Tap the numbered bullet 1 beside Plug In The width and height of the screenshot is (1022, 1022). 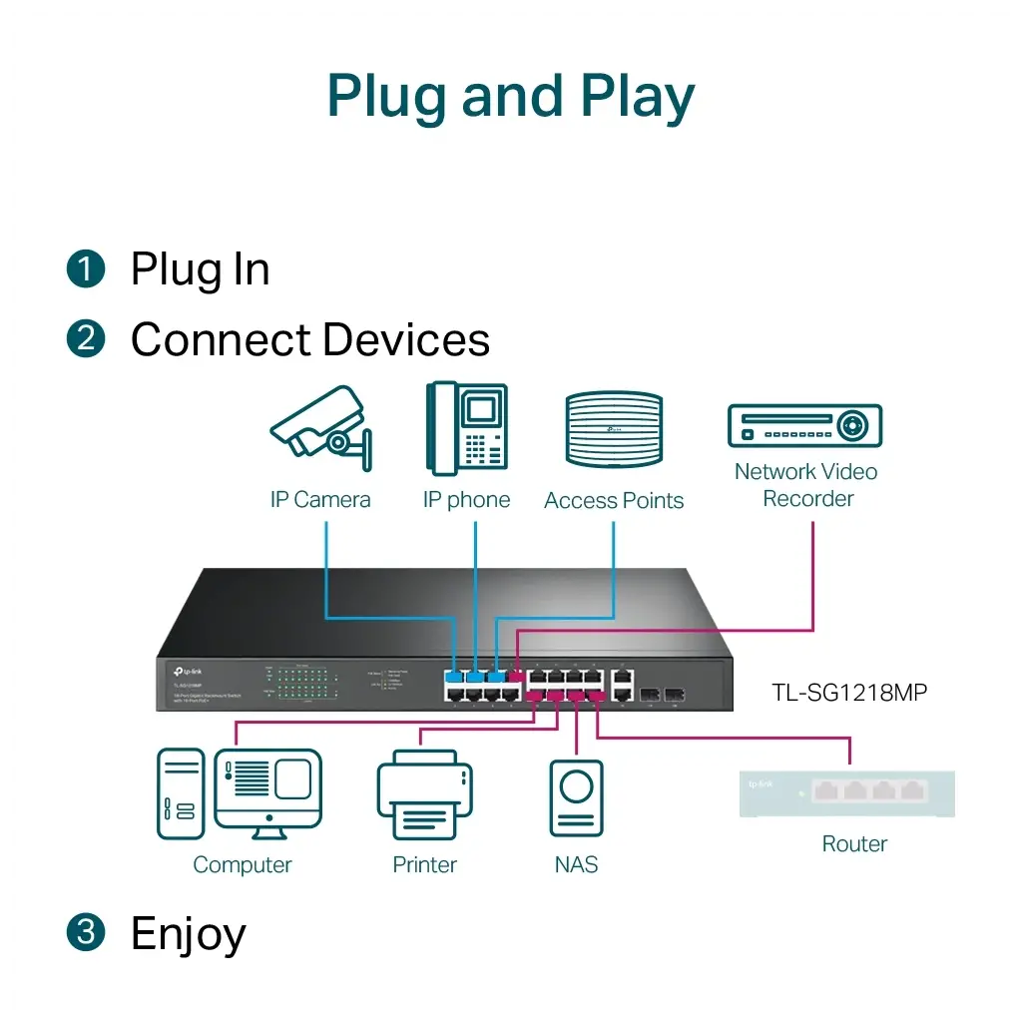pos(86,268)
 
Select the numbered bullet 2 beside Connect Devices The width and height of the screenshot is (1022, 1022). pos(86,338)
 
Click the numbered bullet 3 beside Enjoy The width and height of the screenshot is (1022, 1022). pos(86,932)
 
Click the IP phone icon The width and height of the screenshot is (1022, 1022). pos(466,428)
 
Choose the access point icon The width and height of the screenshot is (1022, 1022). pos(614,430)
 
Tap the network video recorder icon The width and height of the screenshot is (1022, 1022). pos(804,426)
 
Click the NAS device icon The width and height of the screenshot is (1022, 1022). pos(576,797)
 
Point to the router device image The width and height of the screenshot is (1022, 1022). pos(846,793)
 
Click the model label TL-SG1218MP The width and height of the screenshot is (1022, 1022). pos(849,691)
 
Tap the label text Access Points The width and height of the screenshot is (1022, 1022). pos(614,501)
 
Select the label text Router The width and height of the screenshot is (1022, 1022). pos(854,843)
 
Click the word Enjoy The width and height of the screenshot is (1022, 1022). pos(189,934)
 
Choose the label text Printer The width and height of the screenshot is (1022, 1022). pos(424,864)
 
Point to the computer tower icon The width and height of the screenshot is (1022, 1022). pos(181,793)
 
